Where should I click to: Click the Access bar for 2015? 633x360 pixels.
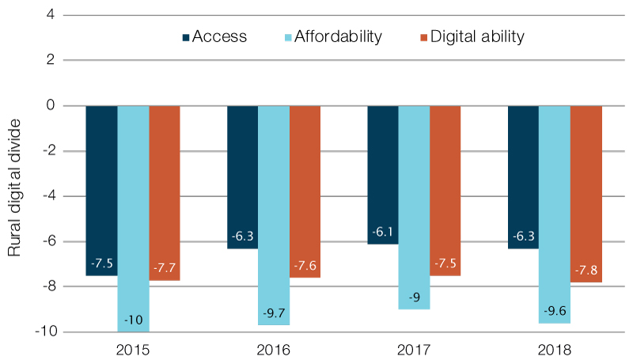(x=101, y=190)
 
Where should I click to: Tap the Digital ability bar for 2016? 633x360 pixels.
(x=305, y=191)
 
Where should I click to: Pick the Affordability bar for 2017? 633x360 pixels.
(x=414, y=207)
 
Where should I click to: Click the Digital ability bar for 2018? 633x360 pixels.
(x=586, y=193)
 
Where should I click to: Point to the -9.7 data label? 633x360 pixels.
(x=274, y=313)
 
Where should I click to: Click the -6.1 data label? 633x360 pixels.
(x=383, y=233)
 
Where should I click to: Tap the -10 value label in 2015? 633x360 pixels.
(x=133, y=320)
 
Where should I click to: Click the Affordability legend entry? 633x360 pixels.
(x=333, y=36)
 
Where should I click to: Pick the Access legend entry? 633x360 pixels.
(x=215, y=36)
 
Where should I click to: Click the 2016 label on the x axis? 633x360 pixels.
(x=273, y=349)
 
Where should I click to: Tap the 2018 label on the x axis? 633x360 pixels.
(x=555, y=349)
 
